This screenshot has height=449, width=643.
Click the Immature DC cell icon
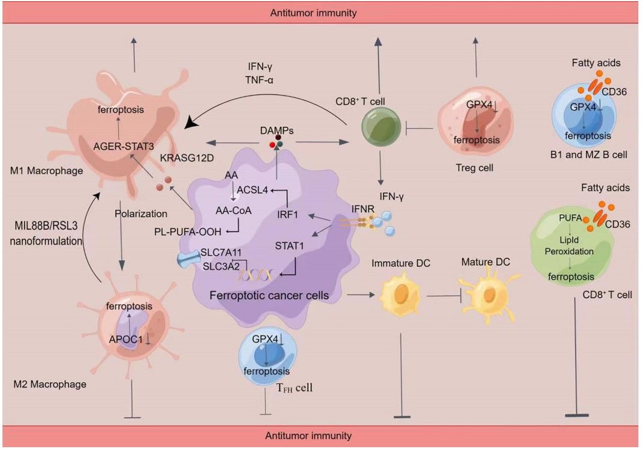(398, 295)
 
